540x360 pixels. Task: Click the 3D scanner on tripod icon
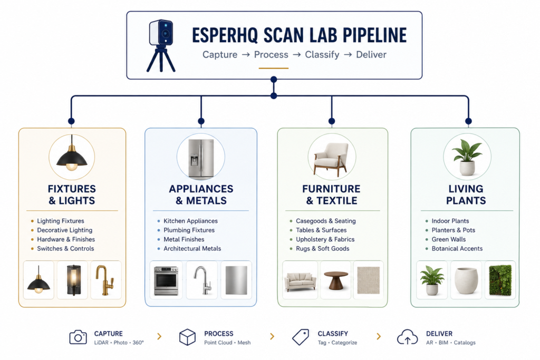[161, 45]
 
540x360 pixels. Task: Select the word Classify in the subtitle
[322, 55]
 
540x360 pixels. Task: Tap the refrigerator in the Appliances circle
[201, 159]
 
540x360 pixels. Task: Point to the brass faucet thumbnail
[105, 280]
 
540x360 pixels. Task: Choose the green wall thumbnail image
[500, 280]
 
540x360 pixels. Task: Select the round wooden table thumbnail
[336, 280]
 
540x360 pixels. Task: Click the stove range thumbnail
[166, 280]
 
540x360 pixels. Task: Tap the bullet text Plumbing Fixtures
[189, 230]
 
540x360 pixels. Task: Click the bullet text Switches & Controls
[65, 248]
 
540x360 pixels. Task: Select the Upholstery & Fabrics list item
[325, 239]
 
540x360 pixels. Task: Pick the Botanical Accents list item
[457, 248]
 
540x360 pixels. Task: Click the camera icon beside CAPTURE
[78, 337]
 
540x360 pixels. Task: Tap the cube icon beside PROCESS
[187, 337]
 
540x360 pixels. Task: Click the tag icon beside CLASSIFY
[301, 337]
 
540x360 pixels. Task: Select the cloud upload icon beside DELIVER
[408, 337]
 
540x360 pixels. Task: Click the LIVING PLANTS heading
[466, 194]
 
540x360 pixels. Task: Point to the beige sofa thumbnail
[300, 281]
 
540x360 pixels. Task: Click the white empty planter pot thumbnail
[466, 280]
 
